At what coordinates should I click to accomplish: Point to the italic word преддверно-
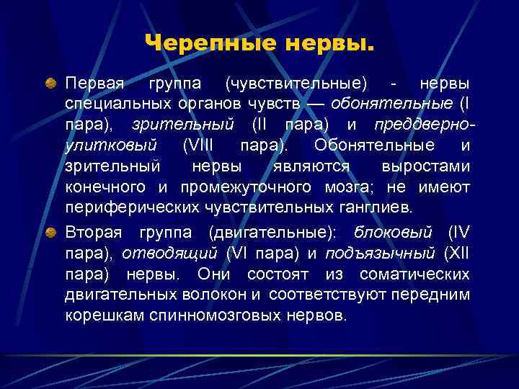point(425,125)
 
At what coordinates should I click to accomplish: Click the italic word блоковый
point(394,233)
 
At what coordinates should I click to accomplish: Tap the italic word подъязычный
point(380,254)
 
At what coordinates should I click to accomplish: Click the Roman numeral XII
point(458,254)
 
